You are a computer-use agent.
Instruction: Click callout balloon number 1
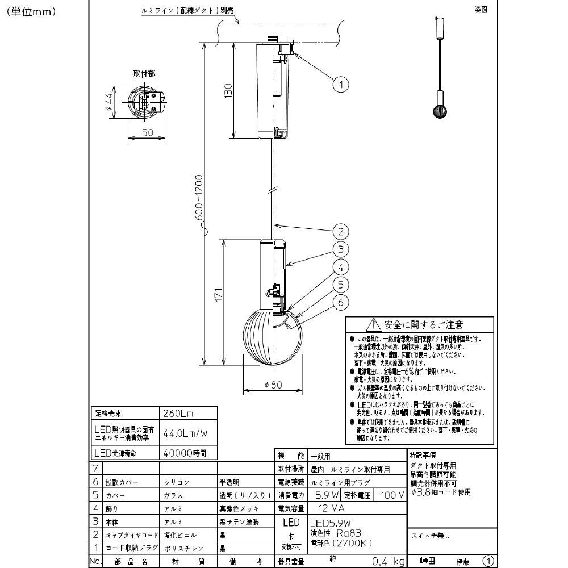[340, 85]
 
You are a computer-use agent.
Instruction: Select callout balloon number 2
[340, 231]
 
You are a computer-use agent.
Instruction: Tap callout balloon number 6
[340, 303]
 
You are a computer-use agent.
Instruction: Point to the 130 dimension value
[228, 90]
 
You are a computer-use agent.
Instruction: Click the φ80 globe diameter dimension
[273, 385]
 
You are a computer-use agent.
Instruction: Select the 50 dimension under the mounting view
[147, 132]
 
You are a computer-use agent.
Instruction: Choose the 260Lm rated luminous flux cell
[175, 414]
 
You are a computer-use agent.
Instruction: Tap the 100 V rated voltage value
[392, 496]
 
